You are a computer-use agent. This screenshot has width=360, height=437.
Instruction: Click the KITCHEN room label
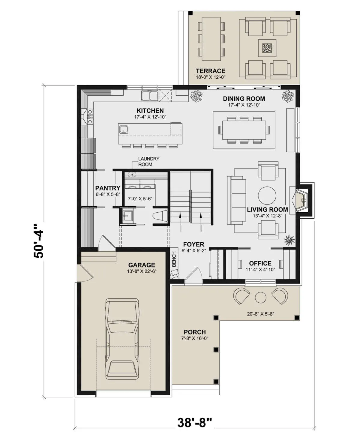point(150,111)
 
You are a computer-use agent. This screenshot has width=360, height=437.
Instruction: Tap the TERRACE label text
point(210,71)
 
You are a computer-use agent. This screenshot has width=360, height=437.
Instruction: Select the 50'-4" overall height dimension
point(38,241)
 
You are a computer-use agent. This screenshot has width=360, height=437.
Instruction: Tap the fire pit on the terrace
point(267,48)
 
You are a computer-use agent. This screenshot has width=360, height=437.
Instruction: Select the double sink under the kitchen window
point(149,96)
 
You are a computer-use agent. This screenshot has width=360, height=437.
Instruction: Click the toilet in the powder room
point(160,216)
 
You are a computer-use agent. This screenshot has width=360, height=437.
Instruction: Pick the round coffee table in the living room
point(267,195)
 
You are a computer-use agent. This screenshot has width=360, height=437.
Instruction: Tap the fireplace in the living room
point(301,200)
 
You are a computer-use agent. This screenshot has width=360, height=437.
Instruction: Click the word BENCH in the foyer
point(174,259)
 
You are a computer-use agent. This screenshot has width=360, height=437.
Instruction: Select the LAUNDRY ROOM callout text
point(148,162)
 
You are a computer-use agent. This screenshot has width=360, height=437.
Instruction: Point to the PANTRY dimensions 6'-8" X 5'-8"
point(108,194)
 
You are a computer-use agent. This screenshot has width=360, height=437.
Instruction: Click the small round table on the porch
point(261,298)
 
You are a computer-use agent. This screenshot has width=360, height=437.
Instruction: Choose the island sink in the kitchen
point(124,130)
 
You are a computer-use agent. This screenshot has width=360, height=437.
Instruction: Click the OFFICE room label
point(260,263)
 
